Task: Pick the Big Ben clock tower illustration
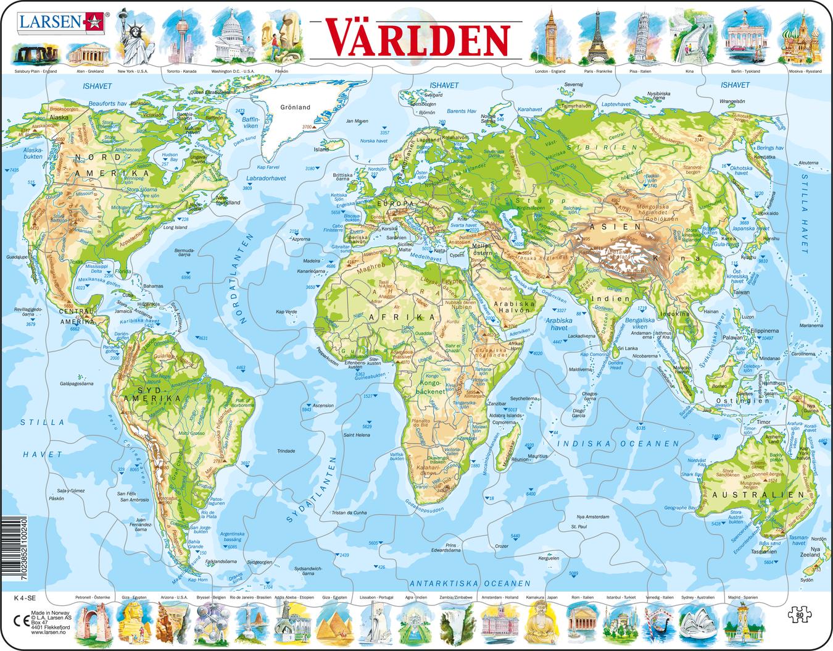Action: click(x=549, y=38)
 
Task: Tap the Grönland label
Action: click(x=295, y=107)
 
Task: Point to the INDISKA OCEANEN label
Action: click(x=617, y=443)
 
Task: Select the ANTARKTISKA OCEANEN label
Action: click(x=470, y=582)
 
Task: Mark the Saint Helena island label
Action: click(x=356, y=435)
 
